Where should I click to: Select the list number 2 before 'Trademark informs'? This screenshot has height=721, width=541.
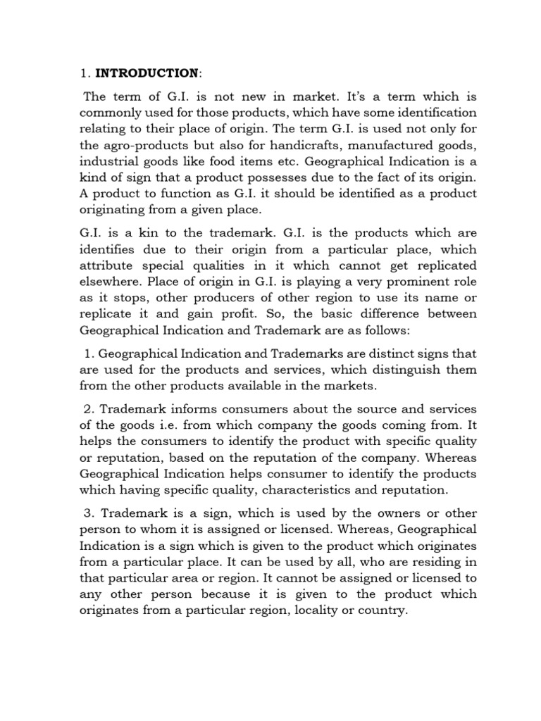[88, 409]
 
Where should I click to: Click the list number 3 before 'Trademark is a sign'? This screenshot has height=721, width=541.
[88, 513]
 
